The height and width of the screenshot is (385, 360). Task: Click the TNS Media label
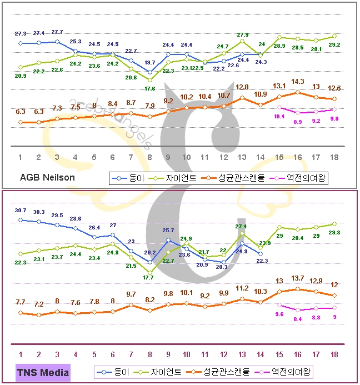tap(43, 372)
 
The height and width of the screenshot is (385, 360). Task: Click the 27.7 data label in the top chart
tap(57, 32)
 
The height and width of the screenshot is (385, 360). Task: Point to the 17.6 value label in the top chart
tap(149, 88)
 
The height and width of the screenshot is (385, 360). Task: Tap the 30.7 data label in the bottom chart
tap(21, 210)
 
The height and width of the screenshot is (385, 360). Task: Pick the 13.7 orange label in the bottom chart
tap(298, 278)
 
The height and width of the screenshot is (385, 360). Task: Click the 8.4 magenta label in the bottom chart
tap(298, 319)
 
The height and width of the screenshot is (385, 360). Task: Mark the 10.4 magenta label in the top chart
tap(279, 116)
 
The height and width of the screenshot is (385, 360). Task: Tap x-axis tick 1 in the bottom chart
tap(21, 354)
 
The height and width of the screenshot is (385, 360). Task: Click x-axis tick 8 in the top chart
tap(149, 157)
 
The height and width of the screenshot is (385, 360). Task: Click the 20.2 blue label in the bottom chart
tap(150, 252)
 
